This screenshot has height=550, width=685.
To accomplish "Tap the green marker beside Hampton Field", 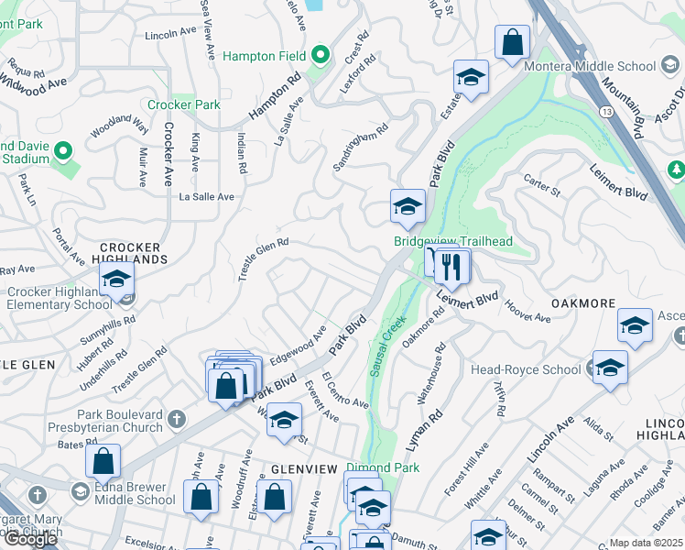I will coord(320,56).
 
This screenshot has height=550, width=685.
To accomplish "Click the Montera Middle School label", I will coord(590,66).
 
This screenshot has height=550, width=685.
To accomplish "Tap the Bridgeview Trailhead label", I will coord(452,241).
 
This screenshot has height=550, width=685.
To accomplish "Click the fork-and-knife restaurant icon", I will coord(451,266).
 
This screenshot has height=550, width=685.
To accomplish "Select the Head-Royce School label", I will coord(526,369).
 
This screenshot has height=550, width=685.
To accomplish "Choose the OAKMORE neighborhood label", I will coord(581,302).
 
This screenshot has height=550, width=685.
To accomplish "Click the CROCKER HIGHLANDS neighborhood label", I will coord(131,254).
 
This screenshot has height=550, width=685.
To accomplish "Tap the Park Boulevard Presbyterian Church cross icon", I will coord(178,421).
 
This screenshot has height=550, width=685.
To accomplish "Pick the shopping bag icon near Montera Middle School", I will coord(512,41).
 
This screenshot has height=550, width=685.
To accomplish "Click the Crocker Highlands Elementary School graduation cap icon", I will coord(116,279).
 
